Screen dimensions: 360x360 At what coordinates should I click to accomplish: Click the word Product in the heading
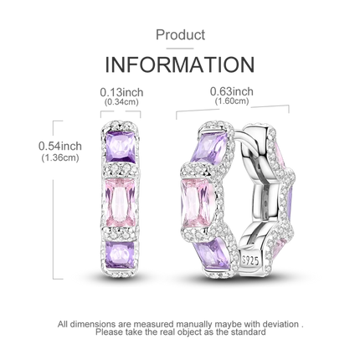point(180,35)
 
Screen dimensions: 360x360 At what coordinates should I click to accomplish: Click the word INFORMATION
point(180,64)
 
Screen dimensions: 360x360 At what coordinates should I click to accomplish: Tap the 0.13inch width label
point(121,92)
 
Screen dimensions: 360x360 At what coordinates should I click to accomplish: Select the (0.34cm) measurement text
point(121,102)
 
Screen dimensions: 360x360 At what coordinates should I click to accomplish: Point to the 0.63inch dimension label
point(232,91)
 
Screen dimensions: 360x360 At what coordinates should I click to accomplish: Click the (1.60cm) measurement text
point(232,100)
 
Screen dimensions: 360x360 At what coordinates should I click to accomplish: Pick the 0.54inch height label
point(60,146)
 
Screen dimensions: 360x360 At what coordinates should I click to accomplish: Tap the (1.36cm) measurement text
point(60,158)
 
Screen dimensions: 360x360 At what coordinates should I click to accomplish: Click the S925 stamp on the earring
point(250,260)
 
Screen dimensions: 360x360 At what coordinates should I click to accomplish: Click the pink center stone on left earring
point(121,203)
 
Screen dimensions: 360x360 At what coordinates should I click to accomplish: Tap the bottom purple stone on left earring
point(121,255)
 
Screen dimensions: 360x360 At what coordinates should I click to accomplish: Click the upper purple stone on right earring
point(208,147)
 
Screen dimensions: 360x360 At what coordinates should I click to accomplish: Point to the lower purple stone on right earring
point(216,254)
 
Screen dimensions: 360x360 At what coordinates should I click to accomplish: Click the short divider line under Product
point(180,49)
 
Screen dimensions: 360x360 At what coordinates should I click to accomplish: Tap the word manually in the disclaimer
point(193,325)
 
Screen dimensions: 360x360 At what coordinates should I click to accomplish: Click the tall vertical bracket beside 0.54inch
point(54,200)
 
